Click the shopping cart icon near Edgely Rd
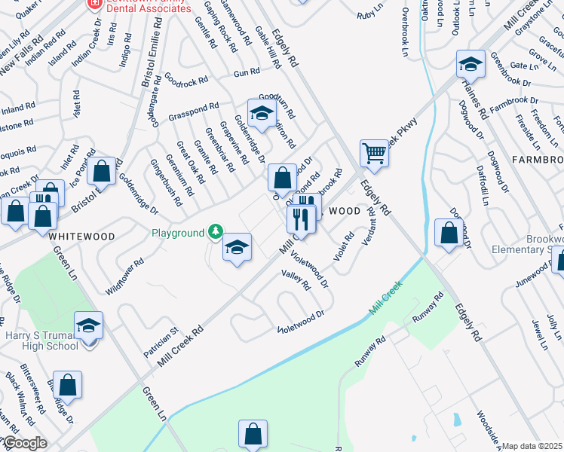pyautogui.click(x=374, y=153)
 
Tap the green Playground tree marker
pyautogui.click(x=216, y=231)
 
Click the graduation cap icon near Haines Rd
pyautogui.click(x=470, y=66)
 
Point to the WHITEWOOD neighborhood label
pyautogui.click(x=82, y=236)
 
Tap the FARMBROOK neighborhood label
pyautogui.click(x=537, y=160)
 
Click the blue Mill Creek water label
pyautogui.click(x=385, y=298)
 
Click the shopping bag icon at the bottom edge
pyautogui.click(x=253, y=435)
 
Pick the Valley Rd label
pyautogui.click(x=296, y=280)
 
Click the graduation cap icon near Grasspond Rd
pyautogui.click(x=262, y=114)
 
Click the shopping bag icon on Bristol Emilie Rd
pyautogui.click(x=100, y=173)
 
